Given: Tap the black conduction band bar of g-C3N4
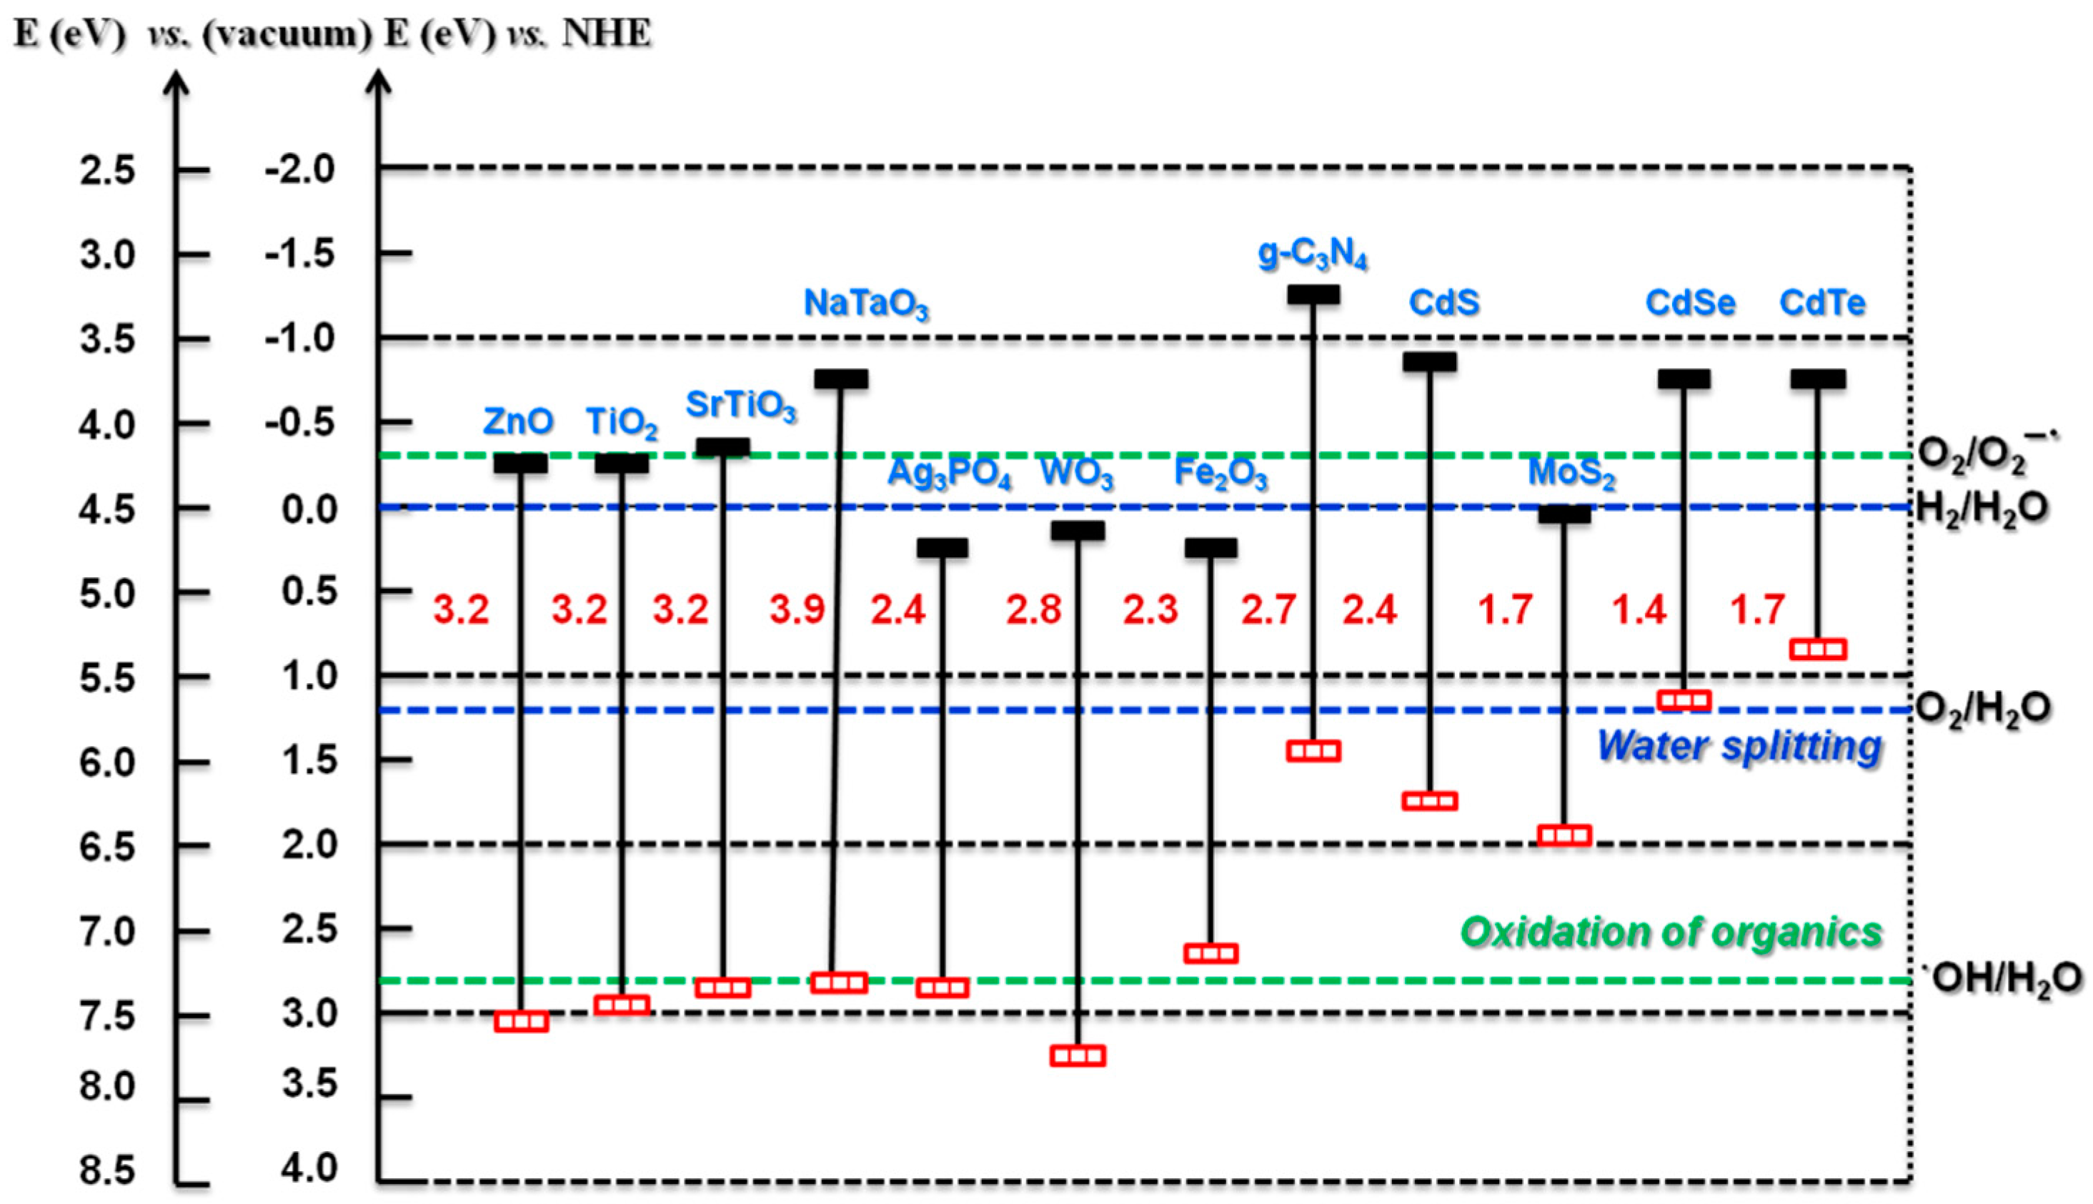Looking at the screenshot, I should (1313, 294).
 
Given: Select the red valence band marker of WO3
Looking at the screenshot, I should (1078, 1056).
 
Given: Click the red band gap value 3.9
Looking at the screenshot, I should (797, 610).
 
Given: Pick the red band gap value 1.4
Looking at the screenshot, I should (1639, 610).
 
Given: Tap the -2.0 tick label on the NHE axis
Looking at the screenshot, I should (300, 169).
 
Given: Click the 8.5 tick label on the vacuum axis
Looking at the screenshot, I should (107, 1171).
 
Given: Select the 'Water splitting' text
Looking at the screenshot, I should (1739, 746).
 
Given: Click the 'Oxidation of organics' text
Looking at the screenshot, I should (1671, 932).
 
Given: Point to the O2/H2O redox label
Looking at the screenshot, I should (1983, 708).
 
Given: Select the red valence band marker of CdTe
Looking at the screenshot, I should (1818, 649).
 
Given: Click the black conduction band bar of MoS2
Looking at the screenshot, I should (1563, 514).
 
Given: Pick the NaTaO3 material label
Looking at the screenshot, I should (866, 304).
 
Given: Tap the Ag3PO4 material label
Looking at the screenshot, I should (948, 474).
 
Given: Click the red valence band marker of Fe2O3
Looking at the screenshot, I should (1210, 953).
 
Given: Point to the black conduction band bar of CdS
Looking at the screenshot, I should (1430, 362).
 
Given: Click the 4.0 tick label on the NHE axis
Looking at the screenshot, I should (310, 1168).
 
